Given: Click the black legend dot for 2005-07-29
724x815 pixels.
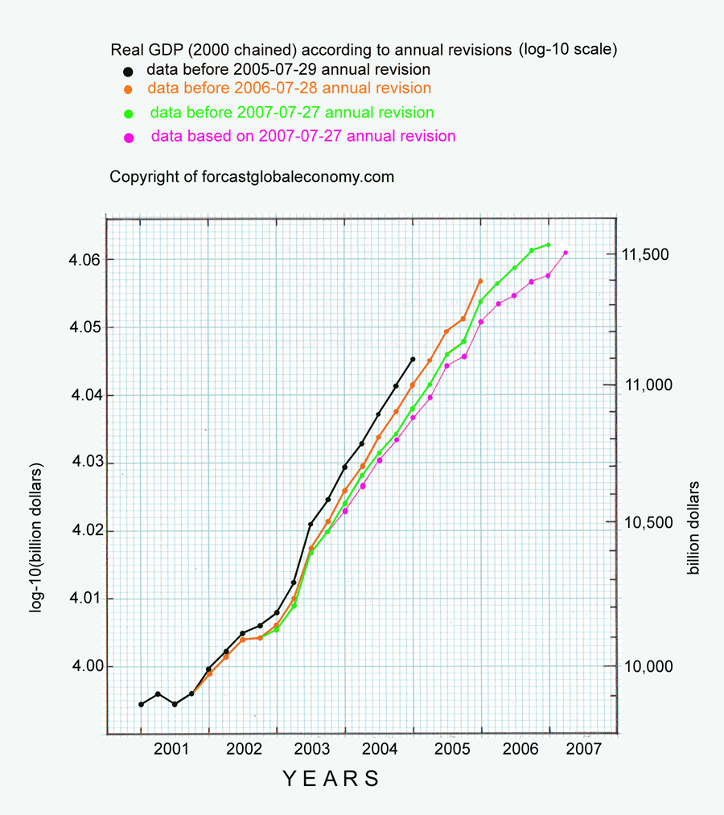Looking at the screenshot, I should click(x=128, y=71).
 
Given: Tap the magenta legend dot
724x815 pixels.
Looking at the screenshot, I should click(x=128, y=138).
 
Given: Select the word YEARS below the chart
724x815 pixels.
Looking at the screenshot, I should click(x=331, y=779).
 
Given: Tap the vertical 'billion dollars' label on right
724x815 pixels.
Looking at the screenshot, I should click(x=693, y=528).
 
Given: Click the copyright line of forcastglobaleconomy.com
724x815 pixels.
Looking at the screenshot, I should click(x=252, y=176).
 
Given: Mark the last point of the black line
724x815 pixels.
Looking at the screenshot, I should click(x=413, y=360).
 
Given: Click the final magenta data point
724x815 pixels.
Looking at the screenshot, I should click(x=566, y=253).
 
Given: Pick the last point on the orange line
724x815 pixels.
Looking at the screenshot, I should click(x=480, y=281).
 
